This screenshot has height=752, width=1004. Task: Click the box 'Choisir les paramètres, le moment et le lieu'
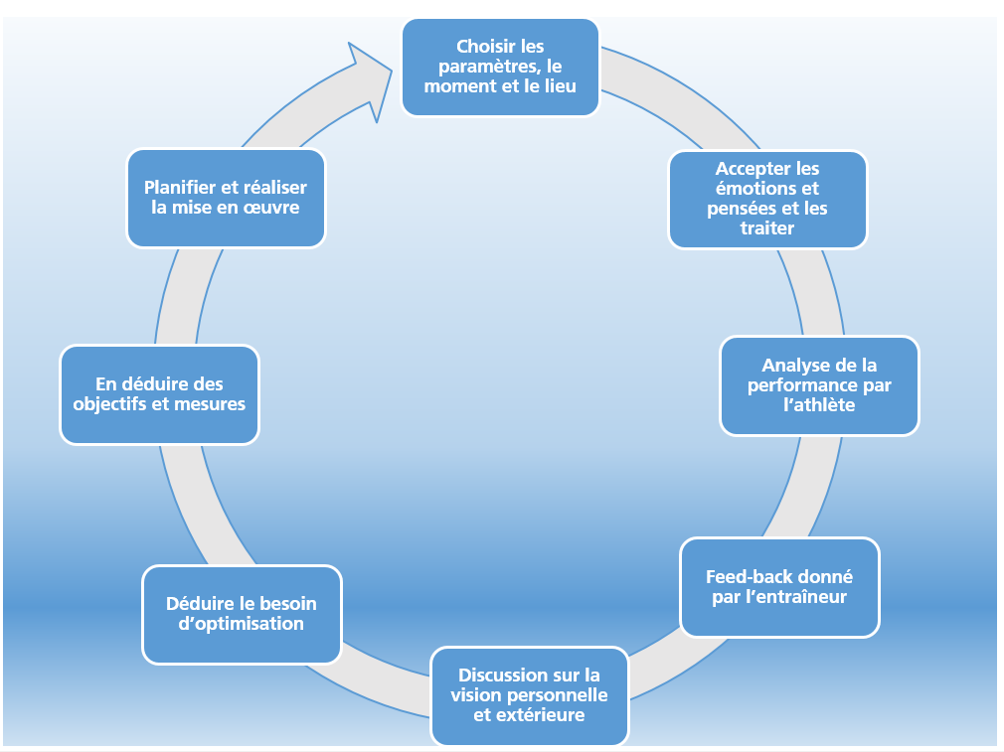point(500,67)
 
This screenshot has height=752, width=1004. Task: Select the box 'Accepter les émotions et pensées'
point(767,199)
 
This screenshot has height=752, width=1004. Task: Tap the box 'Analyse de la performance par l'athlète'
point(819,385)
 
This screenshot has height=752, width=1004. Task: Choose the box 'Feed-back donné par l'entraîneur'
point(779,587)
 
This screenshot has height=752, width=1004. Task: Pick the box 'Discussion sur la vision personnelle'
point(529,695)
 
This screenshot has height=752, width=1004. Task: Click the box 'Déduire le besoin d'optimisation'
point(242,614)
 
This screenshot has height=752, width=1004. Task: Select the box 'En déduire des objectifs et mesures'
point(159,394)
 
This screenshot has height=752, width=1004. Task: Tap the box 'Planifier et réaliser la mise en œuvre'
point(226,198)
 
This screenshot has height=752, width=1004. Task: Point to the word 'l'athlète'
point(819,405)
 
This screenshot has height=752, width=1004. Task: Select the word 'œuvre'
point(272,208)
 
